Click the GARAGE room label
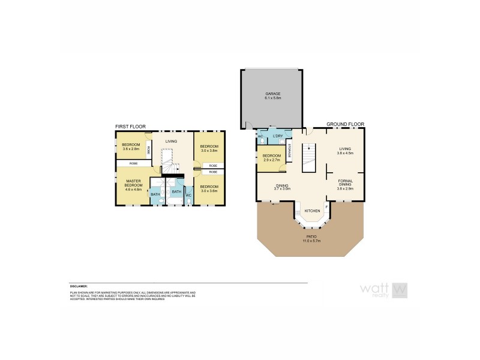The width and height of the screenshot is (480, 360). pos(273,94)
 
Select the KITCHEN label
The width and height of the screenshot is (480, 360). pos(312,211)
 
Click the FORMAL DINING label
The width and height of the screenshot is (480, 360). pos(345,182)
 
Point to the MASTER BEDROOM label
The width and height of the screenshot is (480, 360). pos(133,183)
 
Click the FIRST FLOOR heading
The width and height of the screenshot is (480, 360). pos(130,127)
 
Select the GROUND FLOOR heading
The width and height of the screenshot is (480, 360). pos(346,124)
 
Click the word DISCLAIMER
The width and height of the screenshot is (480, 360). pos(79,287)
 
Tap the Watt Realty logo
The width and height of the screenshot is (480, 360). pos(384,290)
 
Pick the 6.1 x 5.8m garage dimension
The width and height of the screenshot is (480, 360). pos(273,98)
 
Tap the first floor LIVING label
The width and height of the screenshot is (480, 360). pos(172,141)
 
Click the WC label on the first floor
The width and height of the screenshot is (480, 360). pos(188,195)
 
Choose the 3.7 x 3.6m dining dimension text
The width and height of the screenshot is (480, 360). pos(282,189)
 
